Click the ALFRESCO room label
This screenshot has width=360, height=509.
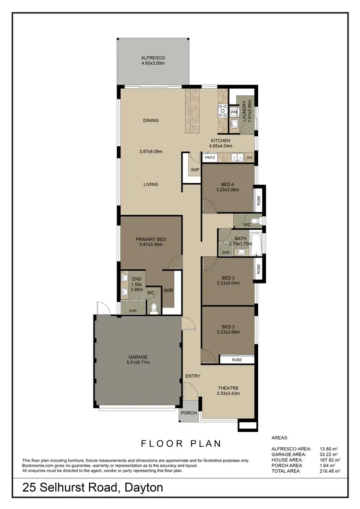153,57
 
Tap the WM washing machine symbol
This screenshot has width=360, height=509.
234,112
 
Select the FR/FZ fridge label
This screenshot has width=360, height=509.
210,157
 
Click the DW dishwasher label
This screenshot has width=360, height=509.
249,157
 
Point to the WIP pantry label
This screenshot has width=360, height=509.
195,170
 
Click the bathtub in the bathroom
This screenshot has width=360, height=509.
257,244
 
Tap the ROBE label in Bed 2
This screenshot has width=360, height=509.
236,359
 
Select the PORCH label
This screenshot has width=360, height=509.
188,413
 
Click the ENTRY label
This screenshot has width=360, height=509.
192,376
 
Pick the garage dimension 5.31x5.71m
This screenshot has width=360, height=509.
138,362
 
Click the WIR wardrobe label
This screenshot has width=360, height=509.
168,290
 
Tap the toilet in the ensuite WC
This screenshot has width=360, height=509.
154,308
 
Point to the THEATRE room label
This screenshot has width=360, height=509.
228,388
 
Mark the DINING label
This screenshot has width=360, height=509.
151,120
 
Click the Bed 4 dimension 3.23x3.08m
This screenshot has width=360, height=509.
227,190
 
